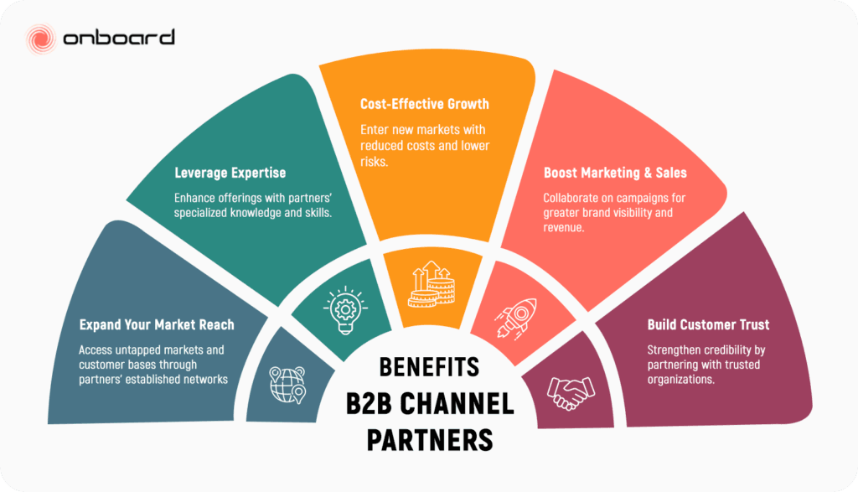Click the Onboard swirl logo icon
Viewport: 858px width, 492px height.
point(41,38)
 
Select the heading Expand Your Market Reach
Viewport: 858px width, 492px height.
point(157,324)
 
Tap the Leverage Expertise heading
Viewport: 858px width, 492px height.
point(230,173)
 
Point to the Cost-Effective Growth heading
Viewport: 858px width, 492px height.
point(425,105)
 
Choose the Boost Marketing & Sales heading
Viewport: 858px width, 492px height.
point(615,173)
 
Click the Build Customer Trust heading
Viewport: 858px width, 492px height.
point(708,324)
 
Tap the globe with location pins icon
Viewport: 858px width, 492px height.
point(287,381)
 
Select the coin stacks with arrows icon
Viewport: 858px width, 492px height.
point(429,285)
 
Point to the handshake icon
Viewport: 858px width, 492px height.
point(571,390)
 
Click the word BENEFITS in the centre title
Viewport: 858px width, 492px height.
point(429,367)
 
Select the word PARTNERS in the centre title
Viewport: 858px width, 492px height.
point(429,438)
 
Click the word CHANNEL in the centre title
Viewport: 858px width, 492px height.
point(460,403)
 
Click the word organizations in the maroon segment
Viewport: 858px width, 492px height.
point(681,378)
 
